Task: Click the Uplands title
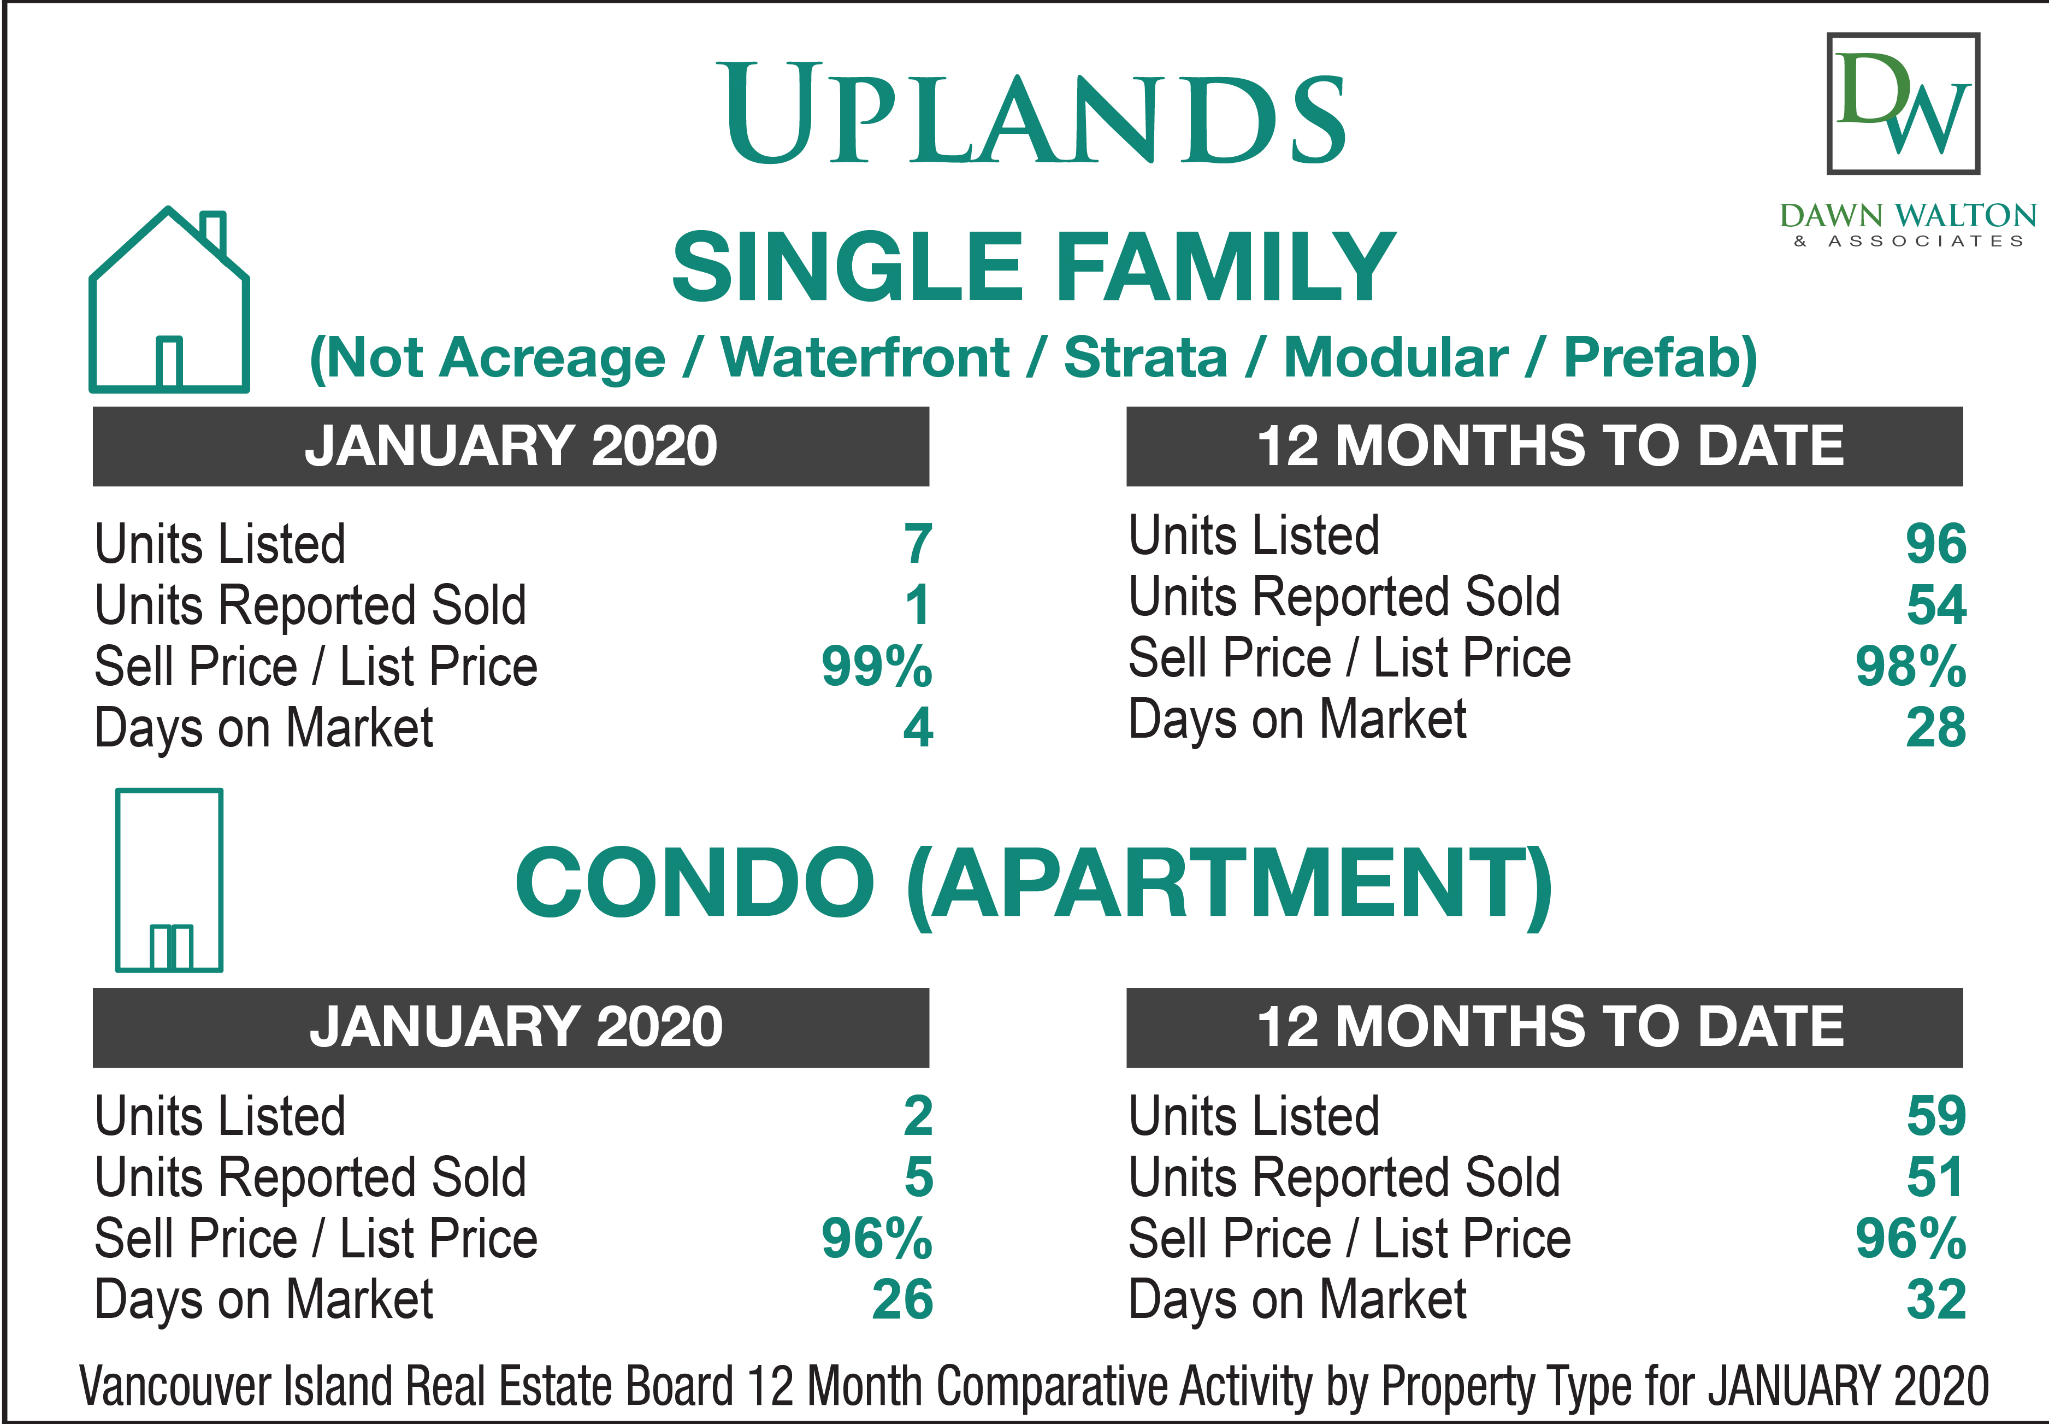coord(1035,113)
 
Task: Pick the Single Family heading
coord(1034,266)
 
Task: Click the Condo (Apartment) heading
coord(1034,884)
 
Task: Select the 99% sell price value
coord(877,667)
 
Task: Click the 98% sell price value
coord(1911,667)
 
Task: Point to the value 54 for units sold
coord(1936,605)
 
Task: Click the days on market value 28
coord(1936,727)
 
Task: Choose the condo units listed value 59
coord(1936,1115)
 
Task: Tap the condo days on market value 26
coord(903,1299)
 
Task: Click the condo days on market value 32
coord(1936,1299)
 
